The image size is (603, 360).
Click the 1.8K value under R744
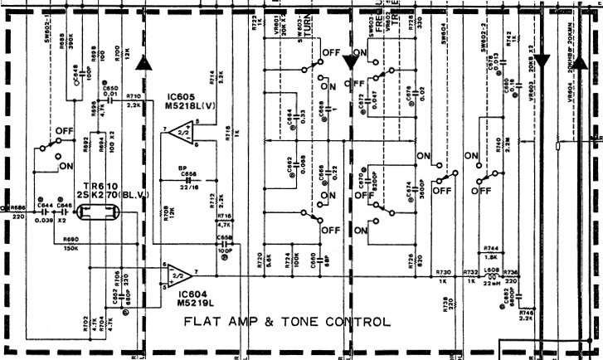point(491,257)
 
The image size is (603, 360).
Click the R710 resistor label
point(134,96)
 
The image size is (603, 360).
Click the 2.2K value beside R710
point(134,106)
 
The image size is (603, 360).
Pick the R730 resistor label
point(443,271)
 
